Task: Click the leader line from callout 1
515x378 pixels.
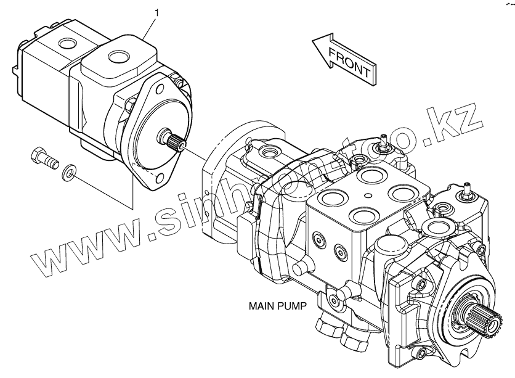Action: click(x=148, y=28)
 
